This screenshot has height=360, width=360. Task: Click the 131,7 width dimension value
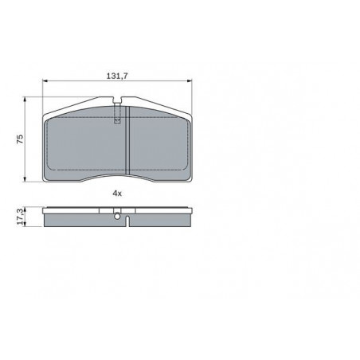(x=117, y=76)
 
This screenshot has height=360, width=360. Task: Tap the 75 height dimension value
(x=20, y=139)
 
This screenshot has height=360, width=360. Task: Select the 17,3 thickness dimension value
(x=20, y=217)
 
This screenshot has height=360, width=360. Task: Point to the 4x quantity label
(x=117, y=194)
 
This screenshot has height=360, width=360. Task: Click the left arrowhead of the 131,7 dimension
(x=45, y=80)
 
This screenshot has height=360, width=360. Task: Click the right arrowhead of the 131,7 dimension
(x=190, y=80)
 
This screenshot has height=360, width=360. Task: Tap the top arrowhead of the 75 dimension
(x=25, y=99)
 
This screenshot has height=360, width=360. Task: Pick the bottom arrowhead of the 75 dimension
(x=25, y=179)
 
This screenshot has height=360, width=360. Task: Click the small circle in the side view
(x=117, y=217)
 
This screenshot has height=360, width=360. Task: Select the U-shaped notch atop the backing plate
(x=117, y=100)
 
